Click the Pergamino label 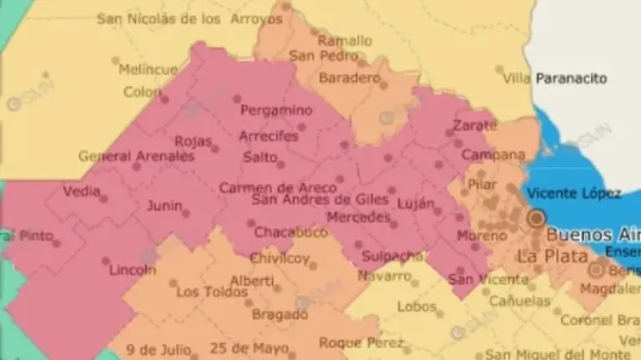tap(276, 110)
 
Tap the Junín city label tap(164, 205)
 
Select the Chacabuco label tap(290, 232)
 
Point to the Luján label tap(416, 205)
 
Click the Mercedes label tap(357, 218)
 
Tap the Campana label tap(493, 155)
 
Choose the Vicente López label tap(574, 194)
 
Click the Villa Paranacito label tap(555, 79)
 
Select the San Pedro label tap(316, 56)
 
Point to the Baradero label tap(349, 78)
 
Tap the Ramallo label tap(345, 40)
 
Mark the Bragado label tap(279, 315)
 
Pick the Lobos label tap(416, 307)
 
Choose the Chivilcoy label tap(280, 258)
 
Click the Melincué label tap(148, 69)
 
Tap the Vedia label tap(82, 190)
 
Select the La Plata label tap(552, 256)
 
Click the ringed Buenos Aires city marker tap(535, 219)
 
